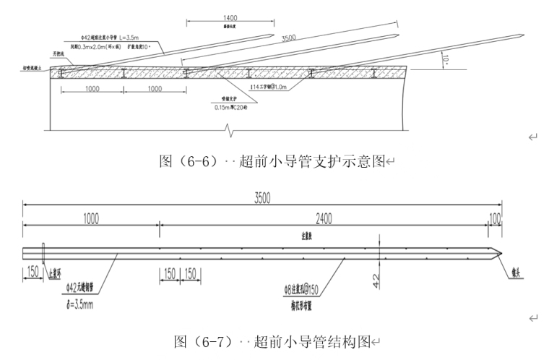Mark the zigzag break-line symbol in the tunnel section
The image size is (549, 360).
click(x=230, y=130)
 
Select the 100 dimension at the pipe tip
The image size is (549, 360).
click(x=496, y=217)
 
